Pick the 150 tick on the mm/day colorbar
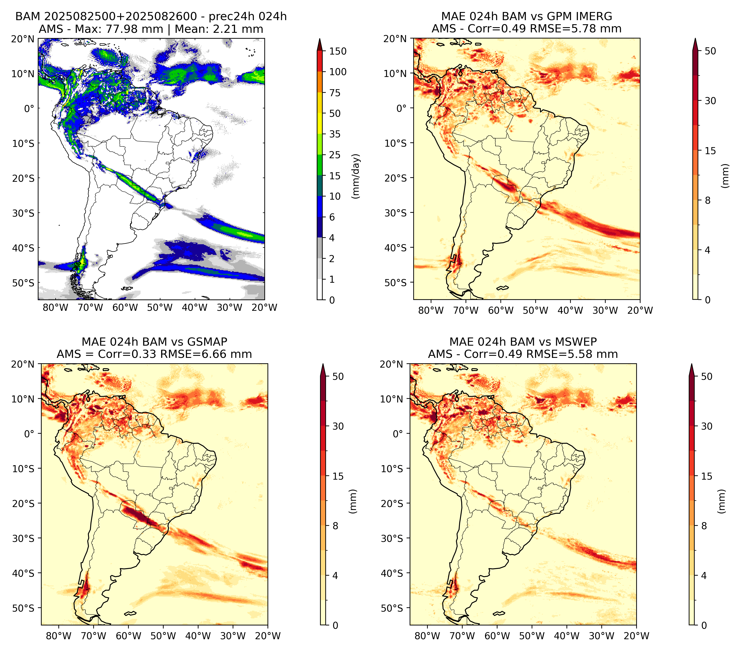click(338, 51)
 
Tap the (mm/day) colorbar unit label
click(356, 176)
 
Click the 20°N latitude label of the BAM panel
click(22, 39)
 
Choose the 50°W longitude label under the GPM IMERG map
click(535, 310)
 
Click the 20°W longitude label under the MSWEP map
click(636, 636)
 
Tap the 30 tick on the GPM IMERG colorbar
click(710, 101)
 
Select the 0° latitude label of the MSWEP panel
click(398, 433)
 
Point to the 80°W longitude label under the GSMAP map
click(59, 636)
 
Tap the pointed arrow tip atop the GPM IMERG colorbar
click(695, 38)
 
